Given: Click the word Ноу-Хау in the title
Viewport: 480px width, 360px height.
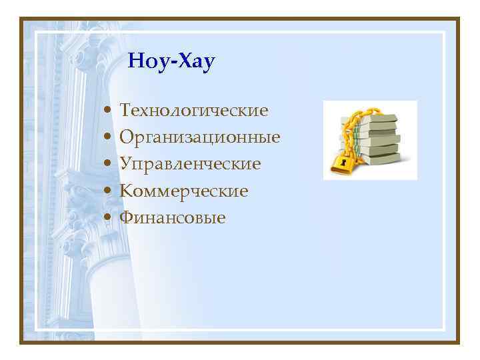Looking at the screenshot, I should (x=171, y=63).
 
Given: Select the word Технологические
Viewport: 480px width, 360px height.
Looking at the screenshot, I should (x=194, y=109).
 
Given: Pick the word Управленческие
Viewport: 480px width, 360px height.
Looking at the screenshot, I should (x=190, y=164).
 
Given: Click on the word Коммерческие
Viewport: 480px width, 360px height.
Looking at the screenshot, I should (x=184, y=191).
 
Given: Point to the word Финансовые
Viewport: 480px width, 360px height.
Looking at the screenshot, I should (x=173, y=217).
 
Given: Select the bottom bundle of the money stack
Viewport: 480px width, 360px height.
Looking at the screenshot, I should (x=380, y=160).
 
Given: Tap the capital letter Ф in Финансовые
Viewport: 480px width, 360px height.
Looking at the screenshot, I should (x=126, y=217).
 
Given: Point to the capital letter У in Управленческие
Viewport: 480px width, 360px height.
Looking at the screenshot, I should (x=125, y=164).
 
